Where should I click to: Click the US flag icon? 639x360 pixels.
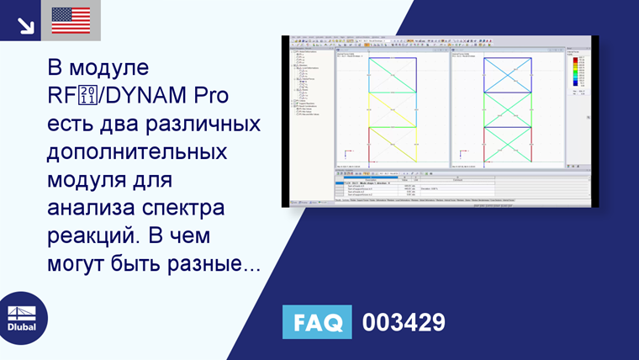(71, 20)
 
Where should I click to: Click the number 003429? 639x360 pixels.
(404, 322)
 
